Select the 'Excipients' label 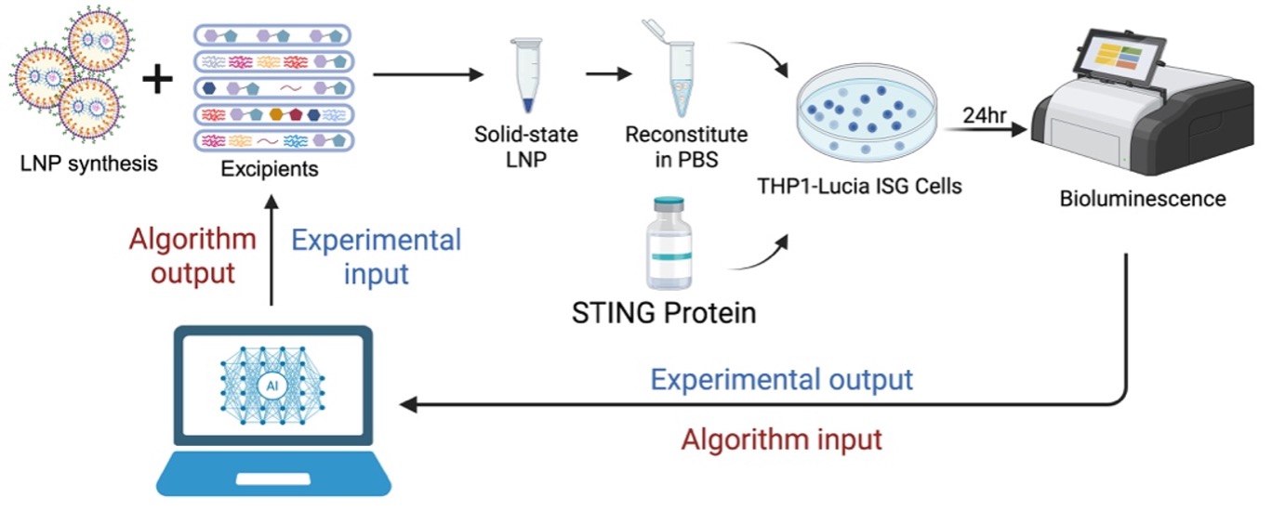pos(270,169)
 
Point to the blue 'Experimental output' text pos(781,379)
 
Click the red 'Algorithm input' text pos(781,438)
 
